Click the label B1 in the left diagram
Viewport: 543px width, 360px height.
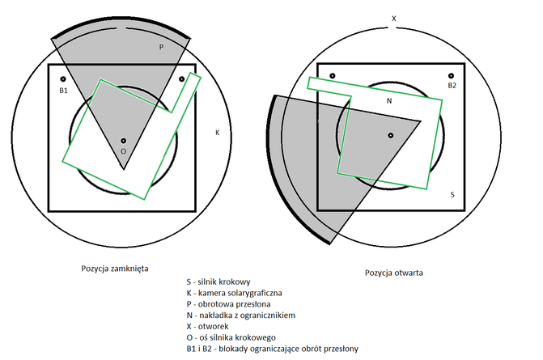63,91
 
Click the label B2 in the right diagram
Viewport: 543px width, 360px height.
452,85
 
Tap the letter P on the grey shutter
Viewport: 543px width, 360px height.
161,47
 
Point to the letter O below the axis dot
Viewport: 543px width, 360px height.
123,151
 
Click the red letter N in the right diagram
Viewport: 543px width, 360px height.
388,101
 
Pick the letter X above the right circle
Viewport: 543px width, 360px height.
393,17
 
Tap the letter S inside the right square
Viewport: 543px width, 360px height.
452,195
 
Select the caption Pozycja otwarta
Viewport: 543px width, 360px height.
393,273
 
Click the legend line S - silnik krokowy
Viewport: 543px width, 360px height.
218,281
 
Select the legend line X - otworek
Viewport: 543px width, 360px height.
209,326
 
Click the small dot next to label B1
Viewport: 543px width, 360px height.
63,79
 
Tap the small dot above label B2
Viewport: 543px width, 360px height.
451,74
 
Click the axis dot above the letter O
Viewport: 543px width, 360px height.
123,140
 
